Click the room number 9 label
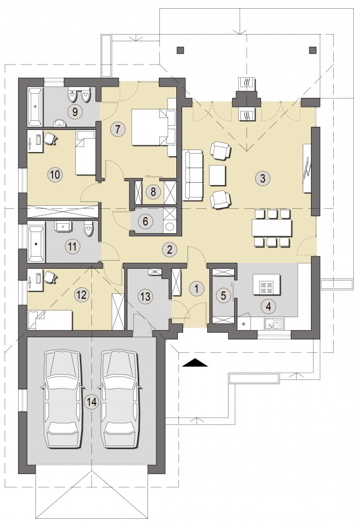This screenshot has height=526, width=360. [75, 111]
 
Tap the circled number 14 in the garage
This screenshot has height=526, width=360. [92, 402]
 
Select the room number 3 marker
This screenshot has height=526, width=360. [263, 178]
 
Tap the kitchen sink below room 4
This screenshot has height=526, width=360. [273, 324]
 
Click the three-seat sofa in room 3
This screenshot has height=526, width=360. [192, 175]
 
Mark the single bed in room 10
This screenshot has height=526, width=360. [86, 152]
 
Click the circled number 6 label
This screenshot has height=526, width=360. [145, 221]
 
